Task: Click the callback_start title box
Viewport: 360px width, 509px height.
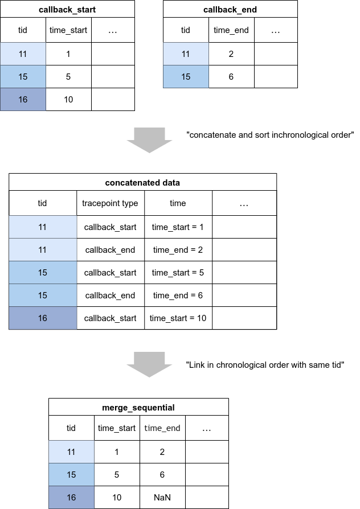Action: pos(67,9)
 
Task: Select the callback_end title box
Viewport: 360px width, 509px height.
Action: pos(230,9)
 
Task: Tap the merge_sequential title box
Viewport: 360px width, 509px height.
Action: pos(138,407)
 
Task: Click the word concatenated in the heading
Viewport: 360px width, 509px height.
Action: pos(132,183)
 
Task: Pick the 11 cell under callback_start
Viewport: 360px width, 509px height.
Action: pos(23,54)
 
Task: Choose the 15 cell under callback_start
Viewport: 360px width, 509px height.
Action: pos(23,77)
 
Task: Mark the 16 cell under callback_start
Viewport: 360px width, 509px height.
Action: pos(23,100)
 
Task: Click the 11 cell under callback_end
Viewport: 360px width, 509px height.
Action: pos(186,54)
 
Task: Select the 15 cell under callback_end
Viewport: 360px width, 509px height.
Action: pos(186,77)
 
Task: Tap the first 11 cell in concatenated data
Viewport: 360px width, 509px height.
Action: pos(43,227)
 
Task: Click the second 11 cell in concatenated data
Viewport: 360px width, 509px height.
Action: pos(43,250)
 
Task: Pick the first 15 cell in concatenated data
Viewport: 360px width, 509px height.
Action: pos(43,273)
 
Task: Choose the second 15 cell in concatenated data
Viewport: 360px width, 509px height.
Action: pos(43,295)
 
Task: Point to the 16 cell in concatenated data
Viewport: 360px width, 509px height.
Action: pos(43,318)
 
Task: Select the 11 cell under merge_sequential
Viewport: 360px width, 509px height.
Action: pos(71,452)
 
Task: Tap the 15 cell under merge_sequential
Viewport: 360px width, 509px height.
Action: pos(71,475)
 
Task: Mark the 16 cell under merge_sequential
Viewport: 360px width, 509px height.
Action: pos(71,498)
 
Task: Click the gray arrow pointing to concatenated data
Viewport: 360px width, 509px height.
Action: pos(149,140)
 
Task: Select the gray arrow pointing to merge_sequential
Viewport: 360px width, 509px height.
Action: pos(149,364)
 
